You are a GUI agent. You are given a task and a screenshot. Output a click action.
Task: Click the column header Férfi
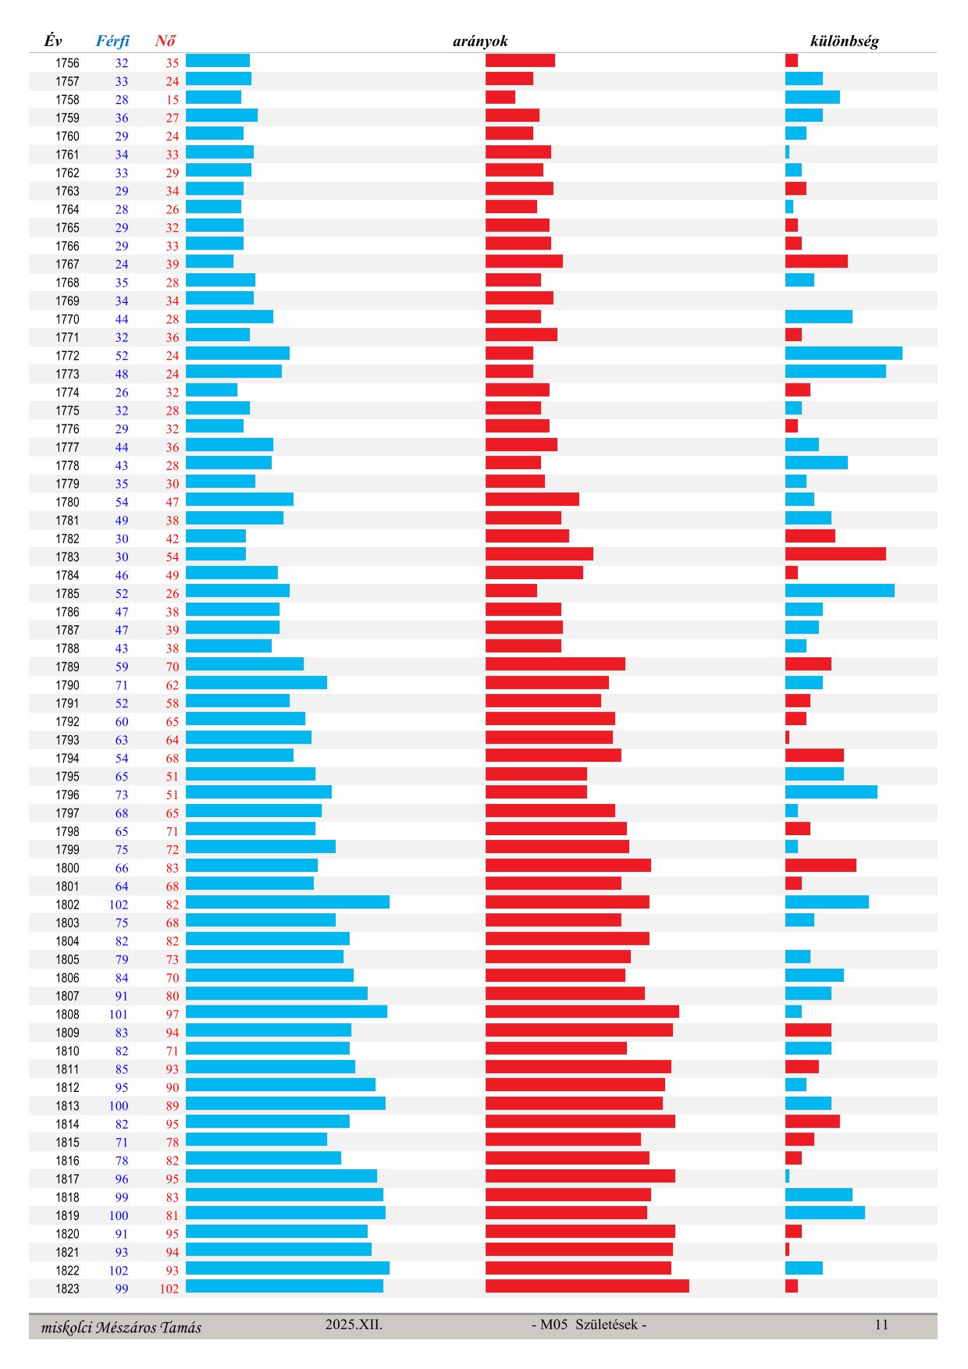click(112, 41)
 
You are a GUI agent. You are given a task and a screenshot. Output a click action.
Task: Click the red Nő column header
click(165, 41)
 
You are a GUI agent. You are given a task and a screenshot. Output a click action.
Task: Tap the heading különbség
click(844, 41)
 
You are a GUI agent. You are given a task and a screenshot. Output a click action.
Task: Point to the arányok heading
click(480, 41)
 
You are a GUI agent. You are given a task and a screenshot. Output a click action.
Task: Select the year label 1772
click(67, 356)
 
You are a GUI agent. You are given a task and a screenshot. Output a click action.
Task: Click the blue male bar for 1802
click(287, 902)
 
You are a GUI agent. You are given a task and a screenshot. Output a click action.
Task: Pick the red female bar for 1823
click(587, 1286)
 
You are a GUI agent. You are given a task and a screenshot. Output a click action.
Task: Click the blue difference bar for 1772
click(843, 354)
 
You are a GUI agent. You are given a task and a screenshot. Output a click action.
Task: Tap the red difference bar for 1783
click(835, 554)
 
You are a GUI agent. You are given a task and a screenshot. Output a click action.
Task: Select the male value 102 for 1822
click(119, 1271)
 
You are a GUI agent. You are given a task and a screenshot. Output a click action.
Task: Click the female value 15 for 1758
click(173, 100)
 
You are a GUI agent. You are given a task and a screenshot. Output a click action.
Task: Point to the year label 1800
click(67, 868)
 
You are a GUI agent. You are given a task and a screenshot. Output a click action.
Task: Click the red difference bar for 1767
click(816, 261)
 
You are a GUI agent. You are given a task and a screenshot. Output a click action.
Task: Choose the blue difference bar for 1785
click(839, 591)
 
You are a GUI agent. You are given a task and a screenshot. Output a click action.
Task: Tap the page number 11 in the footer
click(881, 1325)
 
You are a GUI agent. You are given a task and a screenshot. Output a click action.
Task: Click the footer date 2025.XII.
click(354, 1325)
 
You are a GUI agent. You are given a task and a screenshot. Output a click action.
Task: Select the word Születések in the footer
click(606, 1325)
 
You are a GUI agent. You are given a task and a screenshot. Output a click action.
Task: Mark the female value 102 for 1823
click(169, 1289)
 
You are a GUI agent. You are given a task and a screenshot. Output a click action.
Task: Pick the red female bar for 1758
click(500, 98)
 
